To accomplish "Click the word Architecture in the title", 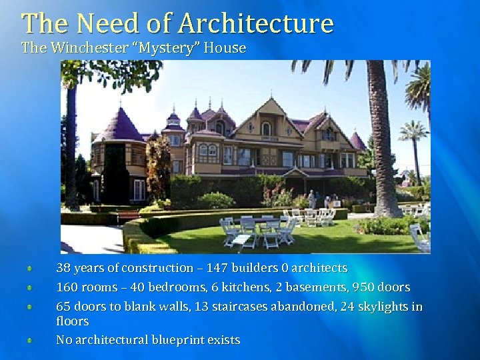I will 256,23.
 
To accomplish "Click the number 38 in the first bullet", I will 63,268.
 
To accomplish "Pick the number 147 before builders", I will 217,268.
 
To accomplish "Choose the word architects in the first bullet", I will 319,268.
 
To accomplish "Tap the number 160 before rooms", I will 67,287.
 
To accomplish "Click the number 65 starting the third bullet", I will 63,307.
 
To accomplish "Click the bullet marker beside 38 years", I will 30,269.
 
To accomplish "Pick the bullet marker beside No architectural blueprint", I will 30,341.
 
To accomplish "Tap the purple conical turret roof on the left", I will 118,125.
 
